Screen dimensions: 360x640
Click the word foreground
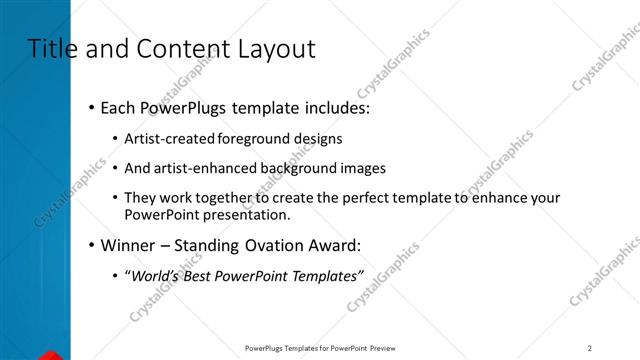[x=252, y=138]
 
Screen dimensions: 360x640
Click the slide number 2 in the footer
[x=590, y=348]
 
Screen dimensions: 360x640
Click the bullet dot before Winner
[x=92, y=246]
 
